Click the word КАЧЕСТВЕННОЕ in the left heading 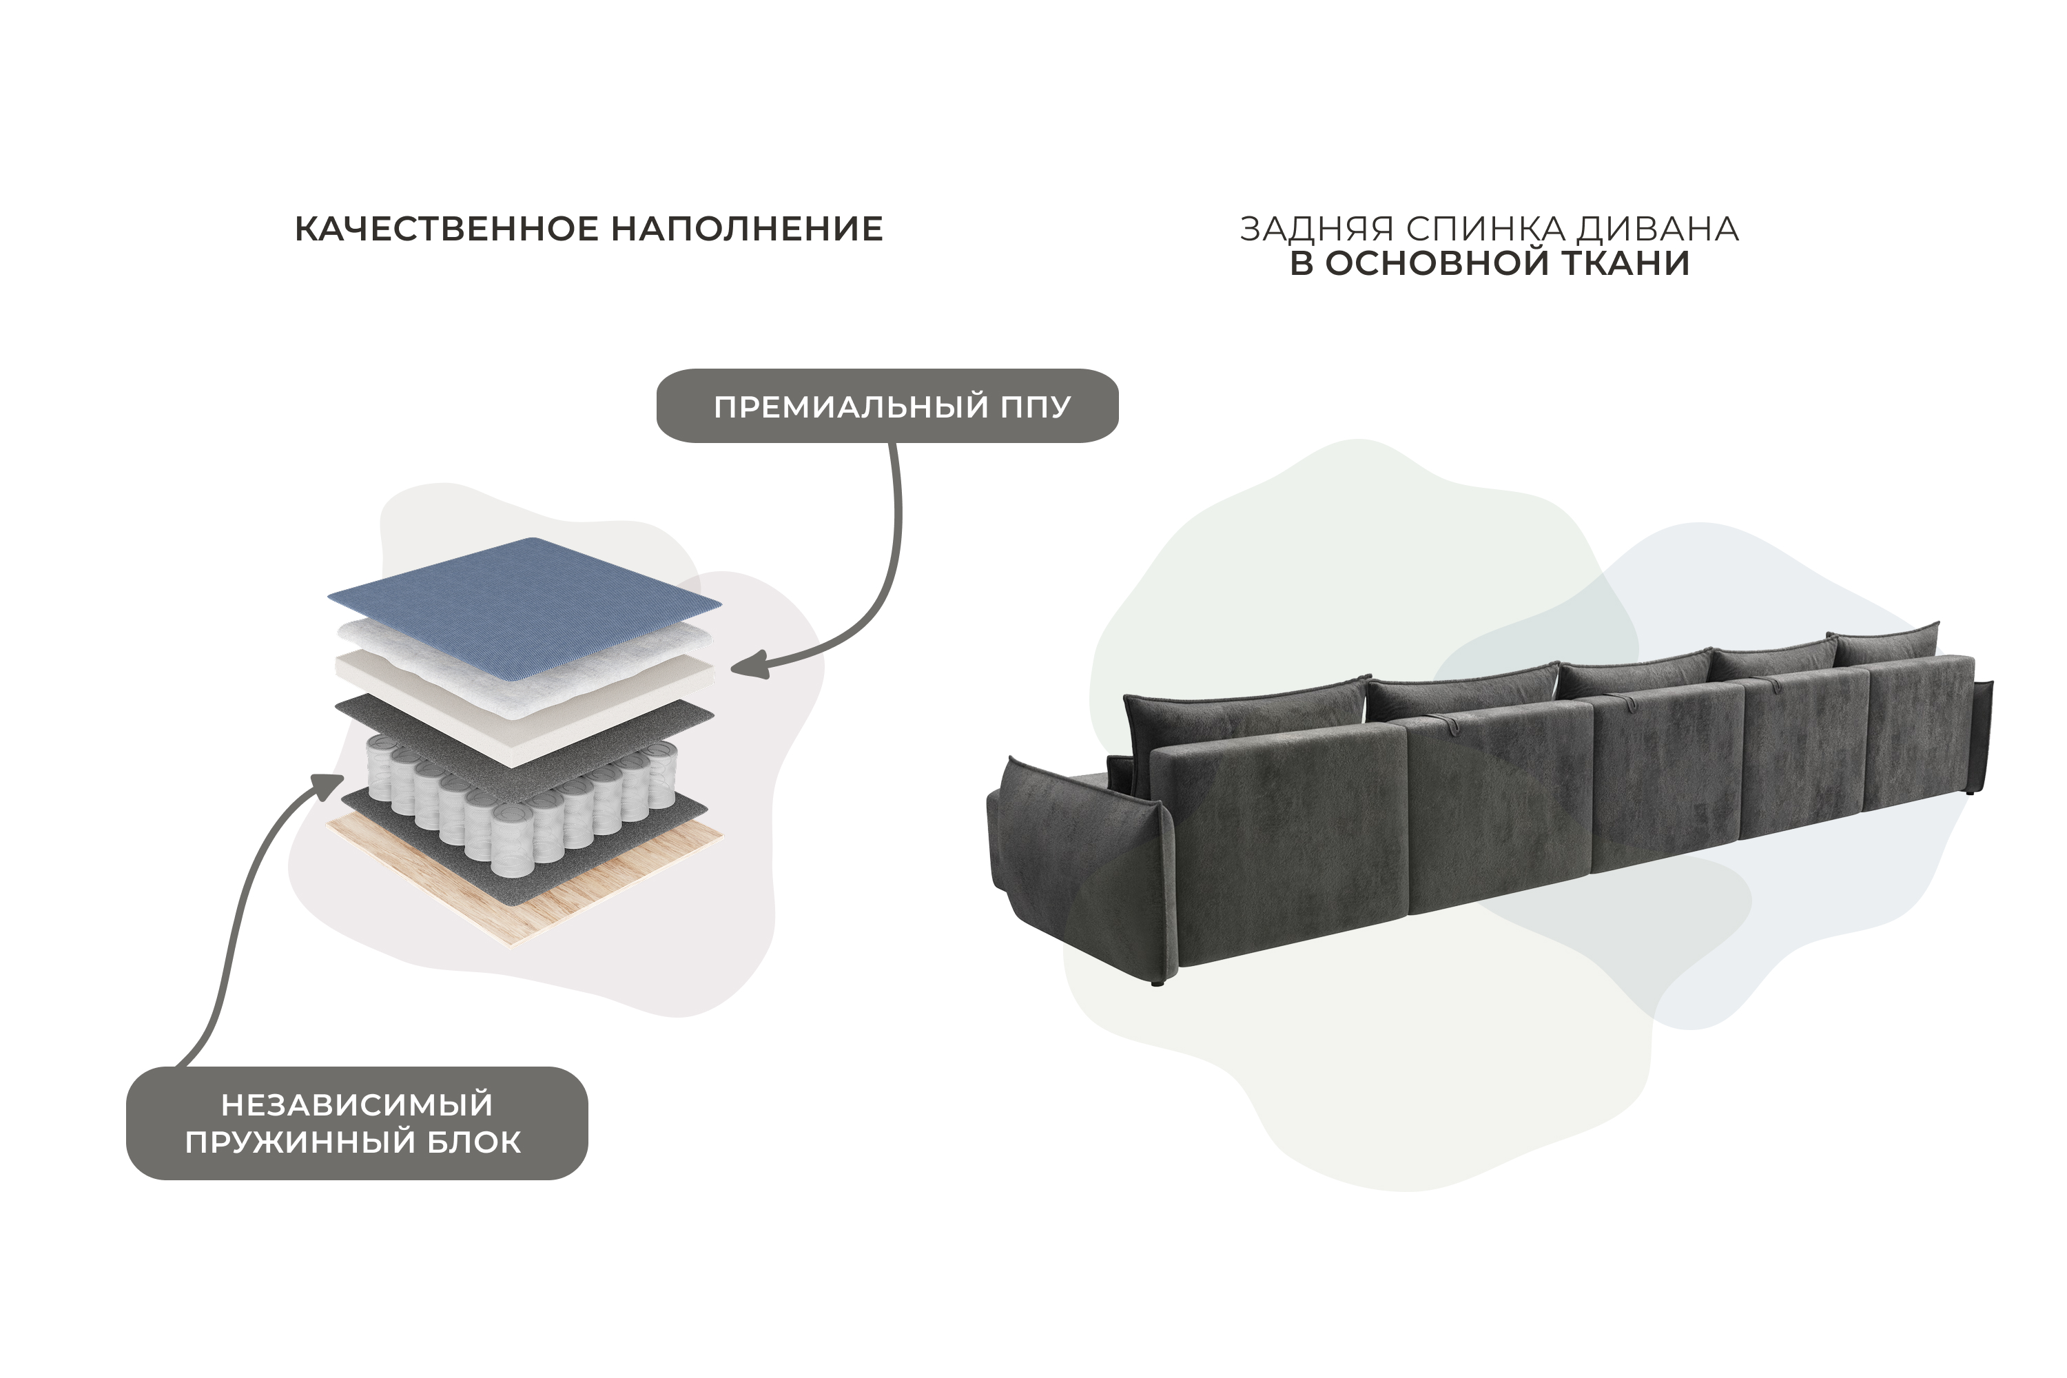click(446, 229)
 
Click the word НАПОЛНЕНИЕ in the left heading click(747, 229)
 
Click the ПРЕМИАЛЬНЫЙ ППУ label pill click(887, 406)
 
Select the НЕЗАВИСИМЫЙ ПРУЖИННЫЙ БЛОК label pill click(357, 1123)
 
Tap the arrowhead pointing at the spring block click(329, 784)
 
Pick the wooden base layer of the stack click(526, 879)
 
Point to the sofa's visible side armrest click(1079, 865)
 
